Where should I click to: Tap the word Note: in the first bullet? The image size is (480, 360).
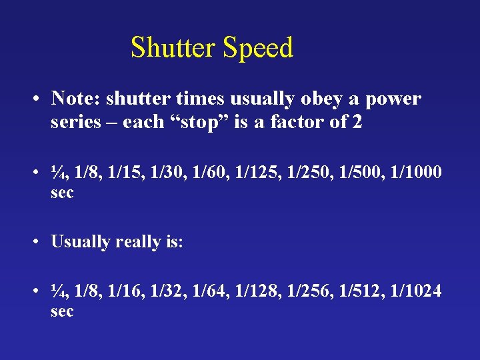pos(76,99)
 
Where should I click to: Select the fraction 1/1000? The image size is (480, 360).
pos(415,172)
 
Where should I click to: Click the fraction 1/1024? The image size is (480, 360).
pos(415,291)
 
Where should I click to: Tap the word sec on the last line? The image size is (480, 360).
pos(62,311)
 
